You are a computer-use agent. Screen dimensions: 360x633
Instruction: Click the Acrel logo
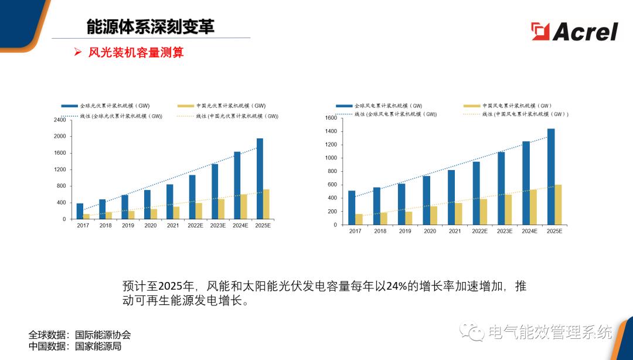pos(574,31)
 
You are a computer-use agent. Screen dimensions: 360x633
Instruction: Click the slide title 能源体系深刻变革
pos(150,26)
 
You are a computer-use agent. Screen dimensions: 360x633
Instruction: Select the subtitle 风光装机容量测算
pos(136,53)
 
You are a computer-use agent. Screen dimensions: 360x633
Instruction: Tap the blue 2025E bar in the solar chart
pos(260,179)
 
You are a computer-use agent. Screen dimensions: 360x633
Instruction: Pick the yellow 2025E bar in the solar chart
pos(266,204)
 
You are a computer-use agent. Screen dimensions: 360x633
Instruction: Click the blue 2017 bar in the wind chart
pos(352,208)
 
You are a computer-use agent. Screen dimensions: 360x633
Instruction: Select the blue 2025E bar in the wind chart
pos(551,176)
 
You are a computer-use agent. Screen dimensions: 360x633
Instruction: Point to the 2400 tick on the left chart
pos(60,120)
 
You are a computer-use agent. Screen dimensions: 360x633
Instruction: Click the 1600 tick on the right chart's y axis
pos(331,118)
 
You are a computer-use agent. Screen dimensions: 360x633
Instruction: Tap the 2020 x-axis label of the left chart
pos(151,225)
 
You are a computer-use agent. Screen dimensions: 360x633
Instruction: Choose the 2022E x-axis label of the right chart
pos(479,231)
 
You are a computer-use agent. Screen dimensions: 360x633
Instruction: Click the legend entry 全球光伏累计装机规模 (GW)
pos(106,106)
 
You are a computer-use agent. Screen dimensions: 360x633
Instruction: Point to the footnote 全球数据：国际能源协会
pos(80,335)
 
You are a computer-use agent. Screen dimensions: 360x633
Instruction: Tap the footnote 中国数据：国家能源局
pos(75,346)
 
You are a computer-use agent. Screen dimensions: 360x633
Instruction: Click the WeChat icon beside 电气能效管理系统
pos(472,332)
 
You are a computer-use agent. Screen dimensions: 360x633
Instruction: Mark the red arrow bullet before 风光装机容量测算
pos(77,53)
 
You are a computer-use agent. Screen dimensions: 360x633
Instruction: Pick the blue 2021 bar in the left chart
pos(169,202)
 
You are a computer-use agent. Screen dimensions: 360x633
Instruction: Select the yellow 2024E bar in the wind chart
pos(533,207)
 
